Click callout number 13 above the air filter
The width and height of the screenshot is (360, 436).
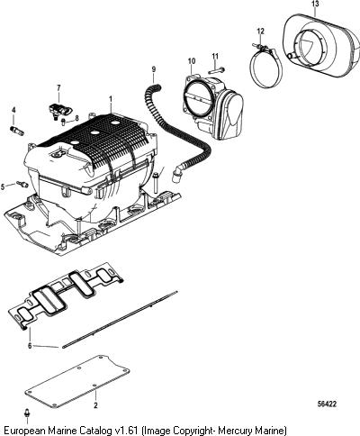315,4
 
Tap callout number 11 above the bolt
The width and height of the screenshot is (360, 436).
215,56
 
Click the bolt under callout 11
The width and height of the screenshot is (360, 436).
215,71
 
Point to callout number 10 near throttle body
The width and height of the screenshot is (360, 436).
192,61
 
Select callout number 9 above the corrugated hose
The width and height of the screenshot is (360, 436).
154,69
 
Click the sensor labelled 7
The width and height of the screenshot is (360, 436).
60,110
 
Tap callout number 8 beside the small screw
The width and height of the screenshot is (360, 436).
76,118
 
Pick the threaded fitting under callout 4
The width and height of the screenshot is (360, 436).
17,131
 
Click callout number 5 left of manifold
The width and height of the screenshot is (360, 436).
3,187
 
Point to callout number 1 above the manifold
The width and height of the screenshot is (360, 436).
111,99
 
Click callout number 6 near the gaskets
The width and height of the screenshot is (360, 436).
30,346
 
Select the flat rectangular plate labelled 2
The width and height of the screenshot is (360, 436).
77,381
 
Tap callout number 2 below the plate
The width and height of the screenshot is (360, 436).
95,405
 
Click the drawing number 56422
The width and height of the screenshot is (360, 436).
327,404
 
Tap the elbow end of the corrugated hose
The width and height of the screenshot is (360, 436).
175,176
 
